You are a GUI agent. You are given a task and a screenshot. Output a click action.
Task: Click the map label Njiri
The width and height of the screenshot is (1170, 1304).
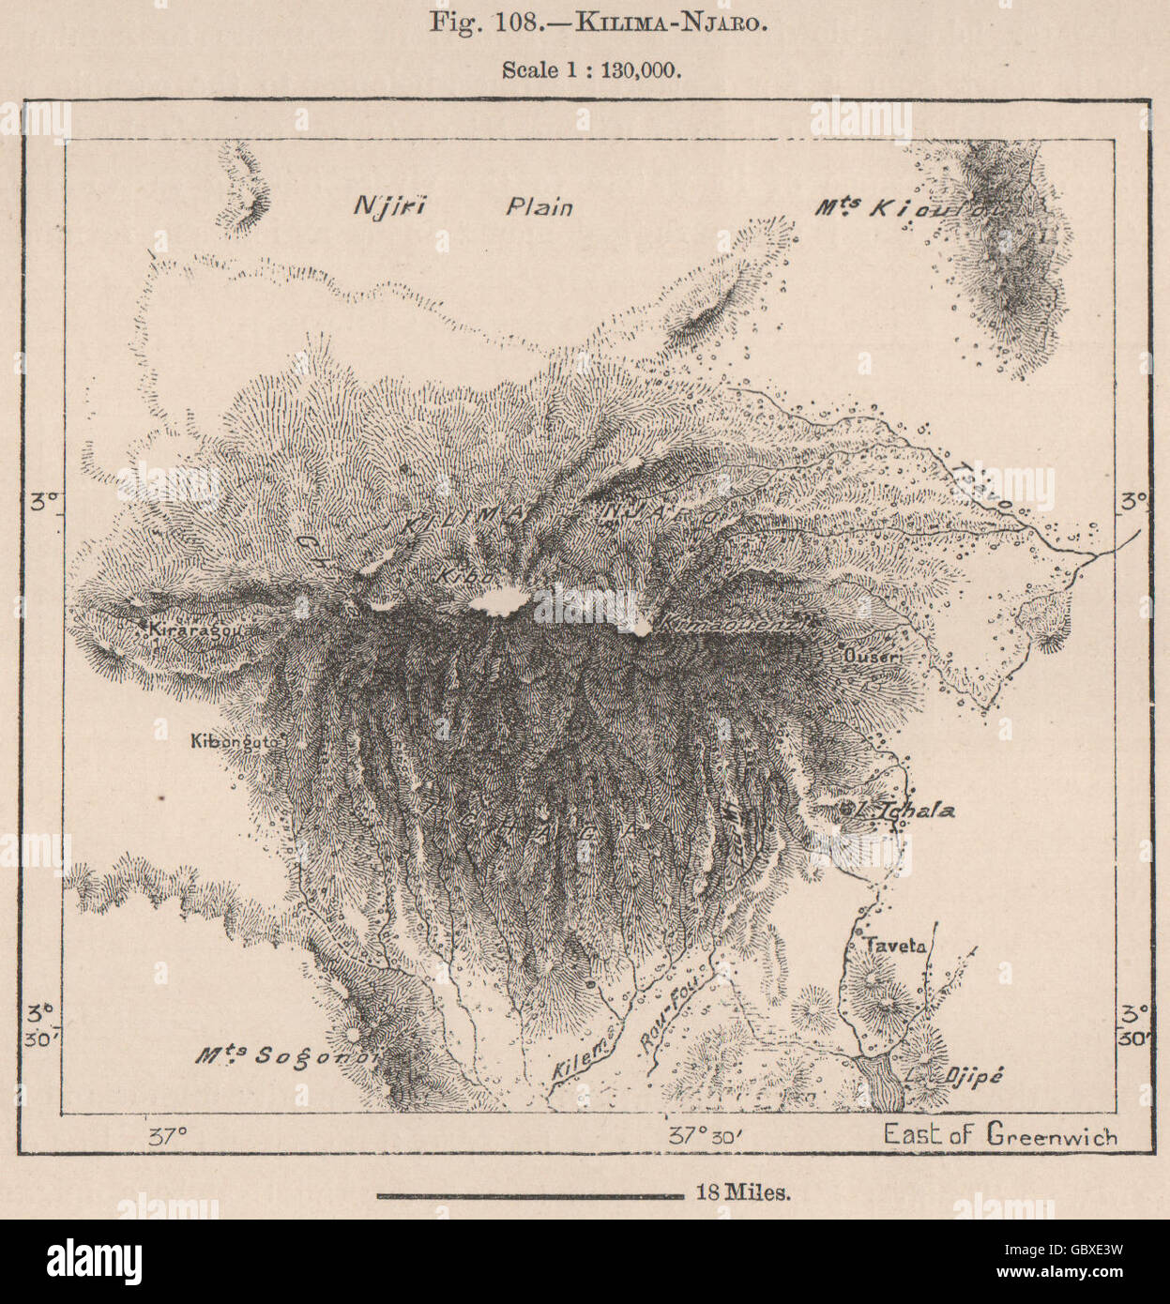pyautogui.click(x=388, y=206)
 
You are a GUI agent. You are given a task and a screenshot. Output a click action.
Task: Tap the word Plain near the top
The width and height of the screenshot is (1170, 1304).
pyautogui.click(x=539, y=206)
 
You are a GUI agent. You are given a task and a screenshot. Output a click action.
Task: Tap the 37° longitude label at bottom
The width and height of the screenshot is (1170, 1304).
pyautogui.click(x=169, y=1136)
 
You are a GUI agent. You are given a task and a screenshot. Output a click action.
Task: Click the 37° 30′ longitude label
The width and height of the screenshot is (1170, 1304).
pyautogui.click(x=706, y=1135)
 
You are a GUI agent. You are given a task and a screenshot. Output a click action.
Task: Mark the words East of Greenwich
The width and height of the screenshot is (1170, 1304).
pyautogui.click(x=1000, y=1136)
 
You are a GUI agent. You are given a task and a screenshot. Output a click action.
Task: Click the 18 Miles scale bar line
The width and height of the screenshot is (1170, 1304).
pyautogui.click(x=530, y=1195)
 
